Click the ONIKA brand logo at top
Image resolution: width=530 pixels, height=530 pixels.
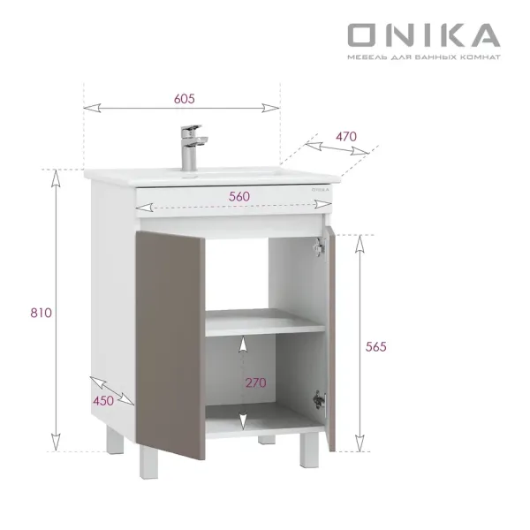423,34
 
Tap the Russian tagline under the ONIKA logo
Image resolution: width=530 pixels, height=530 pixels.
423,57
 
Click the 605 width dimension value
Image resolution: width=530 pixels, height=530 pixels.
184,98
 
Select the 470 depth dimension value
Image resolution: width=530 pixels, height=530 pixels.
346,136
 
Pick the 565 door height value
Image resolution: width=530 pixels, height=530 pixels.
375,346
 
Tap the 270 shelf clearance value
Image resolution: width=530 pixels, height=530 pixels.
256,382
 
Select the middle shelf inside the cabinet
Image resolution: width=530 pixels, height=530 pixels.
265,327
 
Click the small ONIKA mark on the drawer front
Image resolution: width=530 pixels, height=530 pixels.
319,188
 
